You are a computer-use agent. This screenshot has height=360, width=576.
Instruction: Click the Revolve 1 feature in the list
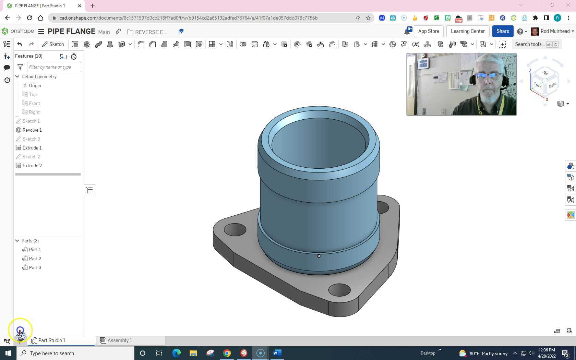(x=32, y=130)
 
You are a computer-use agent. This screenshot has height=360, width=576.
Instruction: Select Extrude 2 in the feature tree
(x=32, y=166)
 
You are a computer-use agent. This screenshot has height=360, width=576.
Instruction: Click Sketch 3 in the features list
(x=31, y=139)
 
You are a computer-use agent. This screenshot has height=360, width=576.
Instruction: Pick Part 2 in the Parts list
(x=35, y=259)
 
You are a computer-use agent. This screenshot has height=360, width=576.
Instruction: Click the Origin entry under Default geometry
(x=35, y=85)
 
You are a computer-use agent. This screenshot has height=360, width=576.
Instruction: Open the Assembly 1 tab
(x=119, y=340)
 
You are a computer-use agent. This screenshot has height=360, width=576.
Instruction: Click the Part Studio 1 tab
(x=51, y=340)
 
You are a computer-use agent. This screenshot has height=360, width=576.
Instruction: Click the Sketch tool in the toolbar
(x=53, y=44)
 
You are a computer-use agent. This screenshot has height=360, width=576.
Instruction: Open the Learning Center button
(x=468, y=31)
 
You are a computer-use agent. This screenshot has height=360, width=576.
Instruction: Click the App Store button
(x=429, y=31)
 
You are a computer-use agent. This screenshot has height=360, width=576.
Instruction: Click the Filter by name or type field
(x=54, y=67)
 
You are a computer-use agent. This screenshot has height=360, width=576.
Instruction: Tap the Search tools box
(x=530, y=44)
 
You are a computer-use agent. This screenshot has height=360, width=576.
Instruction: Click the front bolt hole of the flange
(x=339, y=290)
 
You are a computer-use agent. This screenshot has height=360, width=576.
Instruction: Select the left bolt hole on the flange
(x=235, y=229)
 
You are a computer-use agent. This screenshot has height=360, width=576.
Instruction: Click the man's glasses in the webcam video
(x=488, y=76)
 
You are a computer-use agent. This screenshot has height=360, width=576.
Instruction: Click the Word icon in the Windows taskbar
(x=277, y=353)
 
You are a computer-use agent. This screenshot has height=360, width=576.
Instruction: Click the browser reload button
(x=29, y=18)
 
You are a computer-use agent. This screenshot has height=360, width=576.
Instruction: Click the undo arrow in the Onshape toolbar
(x=20, y=44)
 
